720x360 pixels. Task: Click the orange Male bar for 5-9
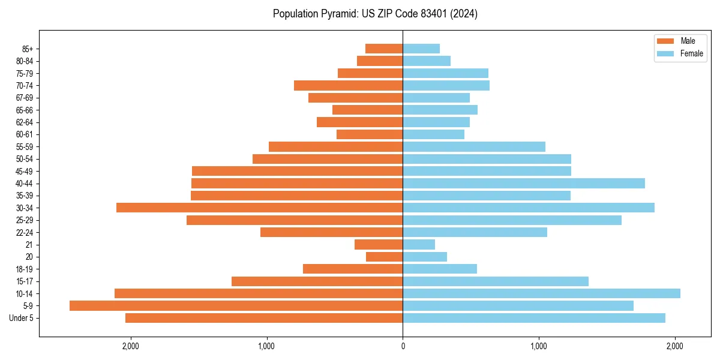tap(236, 305)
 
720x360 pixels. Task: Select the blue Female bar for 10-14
tap(541, 293)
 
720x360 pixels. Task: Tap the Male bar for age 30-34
tap(259, 208)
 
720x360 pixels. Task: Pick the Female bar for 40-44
tap(524, 183)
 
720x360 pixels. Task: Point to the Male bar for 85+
tap(384, 49)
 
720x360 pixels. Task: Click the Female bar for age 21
tap(419, 244)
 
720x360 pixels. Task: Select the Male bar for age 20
tap(384, 257)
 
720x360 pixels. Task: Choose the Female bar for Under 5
tap(534, 318)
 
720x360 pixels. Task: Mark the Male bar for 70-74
tap(348, 85)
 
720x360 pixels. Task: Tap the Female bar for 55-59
tap(474, 146)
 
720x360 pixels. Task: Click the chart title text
tap(375, 14)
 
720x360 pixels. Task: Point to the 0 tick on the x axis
tap(403, 346)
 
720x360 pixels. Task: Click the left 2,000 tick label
tap(130, 346)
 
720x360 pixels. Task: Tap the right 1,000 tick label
tap(539, 346)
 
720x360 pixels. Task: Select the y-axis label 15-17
tap(24, 281)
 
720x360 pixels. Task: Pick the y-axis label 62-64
tap(24, 122)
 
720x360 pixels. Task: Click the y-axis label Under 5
tap(22, 318)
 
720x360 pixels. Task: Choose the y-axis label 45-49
tap(24, 171)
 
